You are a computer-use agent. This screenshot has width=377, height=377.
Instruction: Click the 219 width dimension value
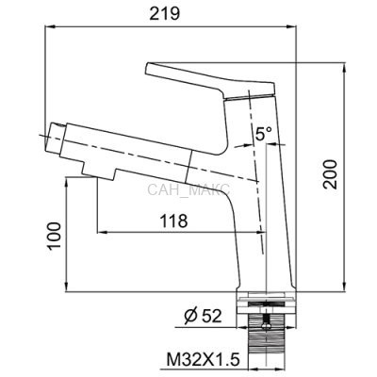(164, 14)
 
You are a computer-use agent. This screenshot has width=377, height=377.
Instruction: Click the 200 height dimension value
(330, 174)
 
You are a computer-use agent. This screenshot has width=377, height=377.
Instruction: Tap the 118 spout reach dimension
(174, 221)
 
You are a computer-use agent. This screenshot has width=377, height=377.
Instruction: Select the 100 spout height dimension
(54, 236)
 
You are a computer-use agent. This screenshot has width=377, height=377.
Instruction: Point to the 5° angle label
(263, 134)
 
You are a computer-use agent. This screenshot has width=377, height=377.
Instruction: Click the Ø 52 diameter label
(204, 316)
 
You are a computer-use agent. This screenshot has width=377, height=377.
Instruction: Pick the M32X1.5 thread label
(203, 359)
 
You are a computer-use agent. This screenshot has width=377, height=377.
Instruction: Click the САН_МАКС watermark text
(188, 189)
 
